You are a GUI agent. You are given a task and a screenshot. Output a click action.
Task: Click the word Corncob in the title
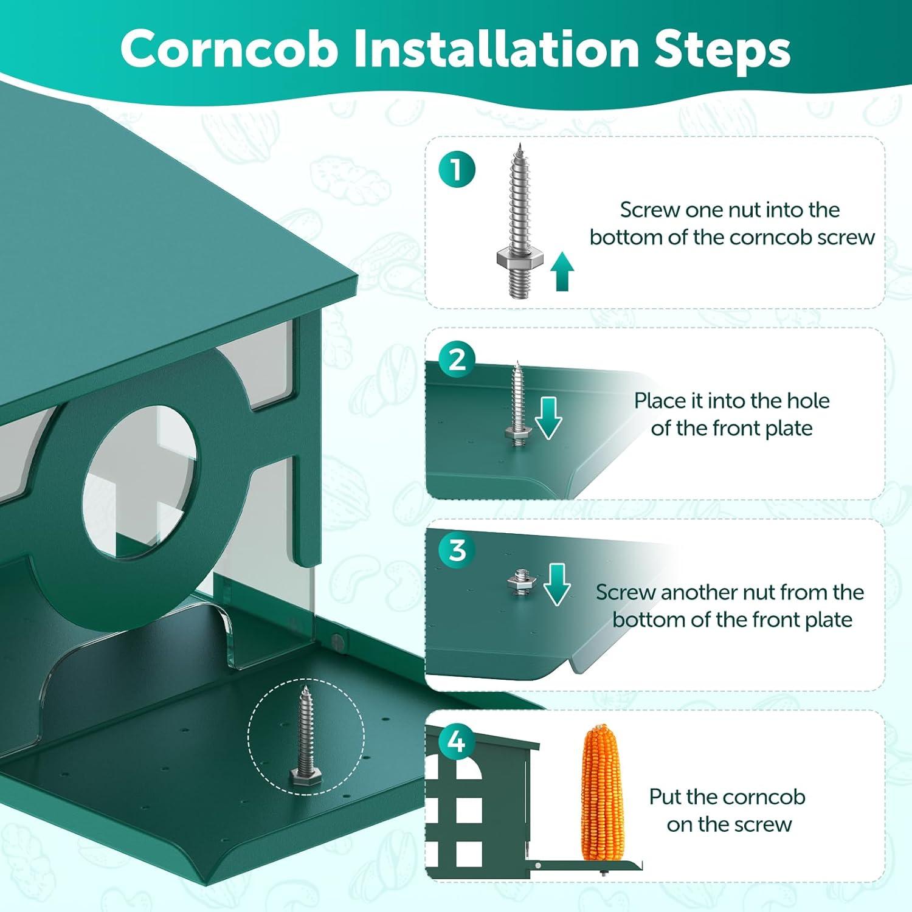tap(229, 49)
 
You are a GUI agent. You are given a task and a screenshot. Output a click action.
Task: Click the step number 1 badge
tap(456, 170)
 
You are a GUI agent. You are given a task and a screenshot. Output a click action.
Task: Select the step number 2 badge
tap(456, 360)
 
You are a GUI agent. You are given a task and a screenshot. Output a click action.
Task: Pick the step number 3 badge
tap(456, 551)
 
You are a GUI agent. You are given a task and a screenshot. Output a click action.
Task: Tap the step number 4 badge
tap(456, 742)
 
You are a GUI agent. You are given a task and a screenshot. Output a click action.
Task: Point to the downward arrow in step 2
tap(548, 420)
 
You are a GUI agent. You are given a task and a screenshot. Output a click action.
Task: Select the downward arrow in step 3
tap(556, 584)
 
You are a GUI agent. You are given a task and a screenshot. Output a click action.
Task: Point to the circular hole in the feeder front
tap(139, 481)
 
